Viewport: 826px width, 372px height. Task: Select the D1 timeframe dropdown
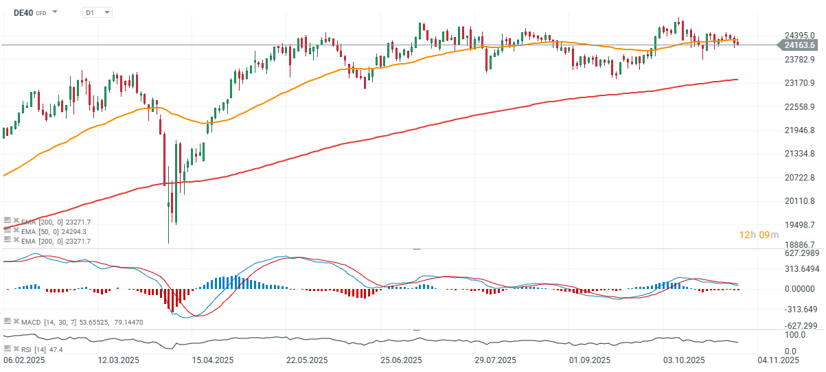[x=97, y=12]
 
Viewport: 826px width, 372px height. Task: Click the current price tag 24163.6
[x=798, y=45]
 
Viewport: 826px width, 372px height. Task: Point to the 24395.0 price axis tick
[x=799, y=36]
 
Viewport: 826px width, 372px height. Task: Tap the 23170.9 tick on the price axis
[x=799, y=83]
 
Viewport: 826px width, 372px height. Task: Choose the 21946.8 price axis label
[x=799, y=130]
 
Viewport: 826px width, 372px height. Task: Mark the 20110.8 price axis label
[x=799, y=201]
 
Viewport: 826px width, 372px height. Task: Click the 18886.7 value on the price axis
[x=799, y=244]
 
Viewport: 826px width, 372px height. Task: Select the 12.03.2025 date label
[x=119, y=360]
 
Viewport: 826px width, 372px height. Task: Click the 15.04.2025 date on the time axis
[x=213, y=360]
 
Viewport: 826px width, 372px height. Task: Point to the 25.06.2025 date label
[x=402, y=360]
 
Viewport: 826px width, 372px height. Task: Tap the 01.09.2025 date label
[x=590, y=360]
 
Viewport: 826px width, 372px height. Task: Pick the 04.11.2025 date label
[x=779, y=360]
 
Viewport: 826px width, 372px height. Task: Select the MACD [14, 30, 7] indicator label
[x=51, y=321]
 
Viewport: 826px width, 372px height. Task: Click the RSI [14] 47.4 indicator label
[x=43, y=349]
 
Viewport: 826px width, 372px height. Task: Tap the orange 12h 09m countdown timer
[x=759, y=235]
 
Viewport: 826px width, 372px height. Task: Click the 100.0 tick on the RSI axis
[x=795, y=335]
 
